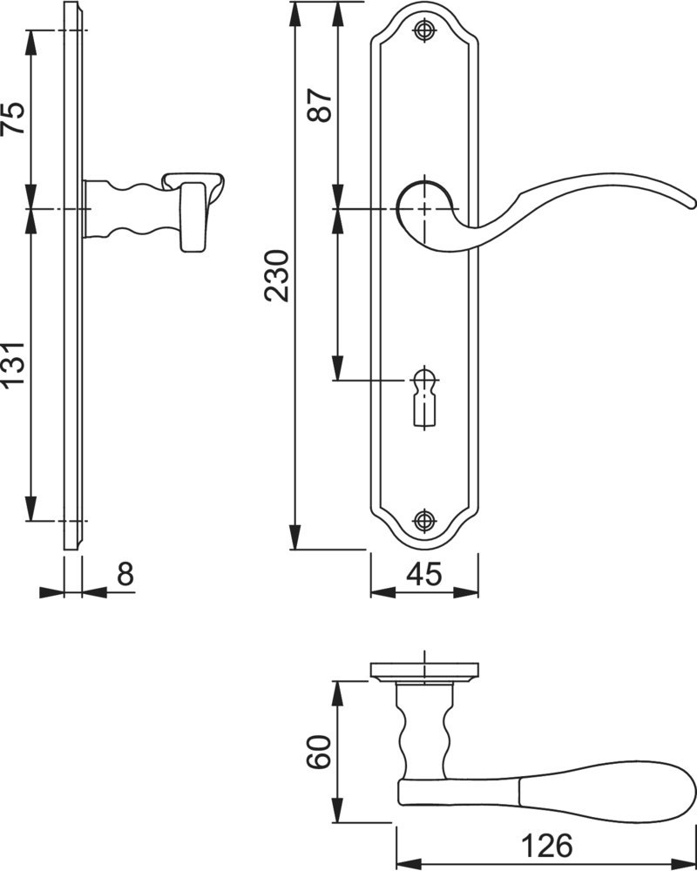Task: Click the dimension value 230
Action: pyautogui.click(x=277, y=275)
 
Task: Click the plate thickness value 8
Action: pyautogui.click(x=125, y=574)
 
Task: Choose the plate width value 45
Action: pyautogui.click(x=424, y=574)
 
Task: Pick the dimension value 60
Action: pyautogui.click(x=319, y=752)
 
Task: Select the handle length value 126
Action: pyautogui.click(x=546, y=846)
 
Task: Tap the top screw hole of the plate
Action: pyautogui.click(x=425, y=30)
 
